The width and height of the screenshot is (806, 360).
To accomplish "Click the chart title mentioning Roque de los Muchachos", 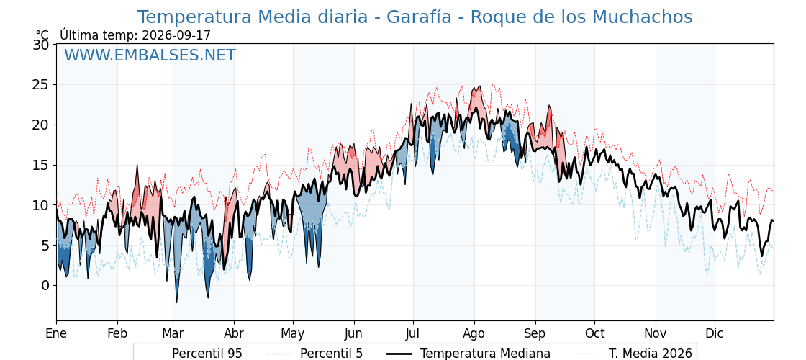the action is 415,17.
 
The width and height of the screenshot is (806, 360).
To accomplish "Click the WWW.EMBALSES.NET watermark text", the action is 150,55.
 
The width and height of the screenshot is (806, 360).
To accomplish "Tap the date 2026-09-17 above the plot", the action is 175,35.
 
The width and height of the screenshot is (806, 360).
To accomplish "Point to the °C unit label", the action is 42,35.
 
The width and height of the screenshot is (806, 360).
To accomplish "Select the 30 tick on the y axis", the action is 42,45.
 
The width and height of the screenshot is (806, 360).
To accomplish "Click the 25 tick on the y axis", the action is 42,85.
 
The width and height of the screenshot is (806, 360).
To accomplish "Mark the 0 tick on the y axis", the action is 45,285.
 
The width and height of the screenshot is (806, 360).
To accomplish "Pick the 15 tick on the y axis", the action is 42,165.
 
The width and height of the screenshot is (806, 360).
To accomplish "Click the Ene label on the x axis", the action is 56,333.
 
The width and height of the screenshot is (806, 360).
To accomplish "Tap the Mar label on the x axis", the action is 173,333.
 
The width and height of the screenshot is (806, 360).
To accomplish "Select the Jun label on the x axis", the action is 353,333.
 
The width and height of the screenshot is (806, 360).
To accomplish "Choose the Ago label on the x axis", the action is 474,333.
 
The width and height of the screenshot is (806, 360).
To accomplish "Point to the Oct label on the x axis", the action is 594,333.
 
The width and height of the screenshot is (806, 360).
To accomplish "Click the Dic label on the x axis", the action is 715,333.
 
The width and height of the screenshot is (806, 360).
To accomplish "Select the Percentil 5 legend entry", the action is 314,354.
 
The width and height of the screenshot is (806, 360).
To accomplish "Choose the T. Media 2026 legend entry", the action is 633,354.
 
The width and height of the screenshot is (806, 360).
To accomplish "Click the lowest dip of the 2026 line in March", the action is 176,302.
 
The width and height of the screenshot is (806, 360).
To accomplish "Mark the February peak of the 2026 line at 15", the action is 137,165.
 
